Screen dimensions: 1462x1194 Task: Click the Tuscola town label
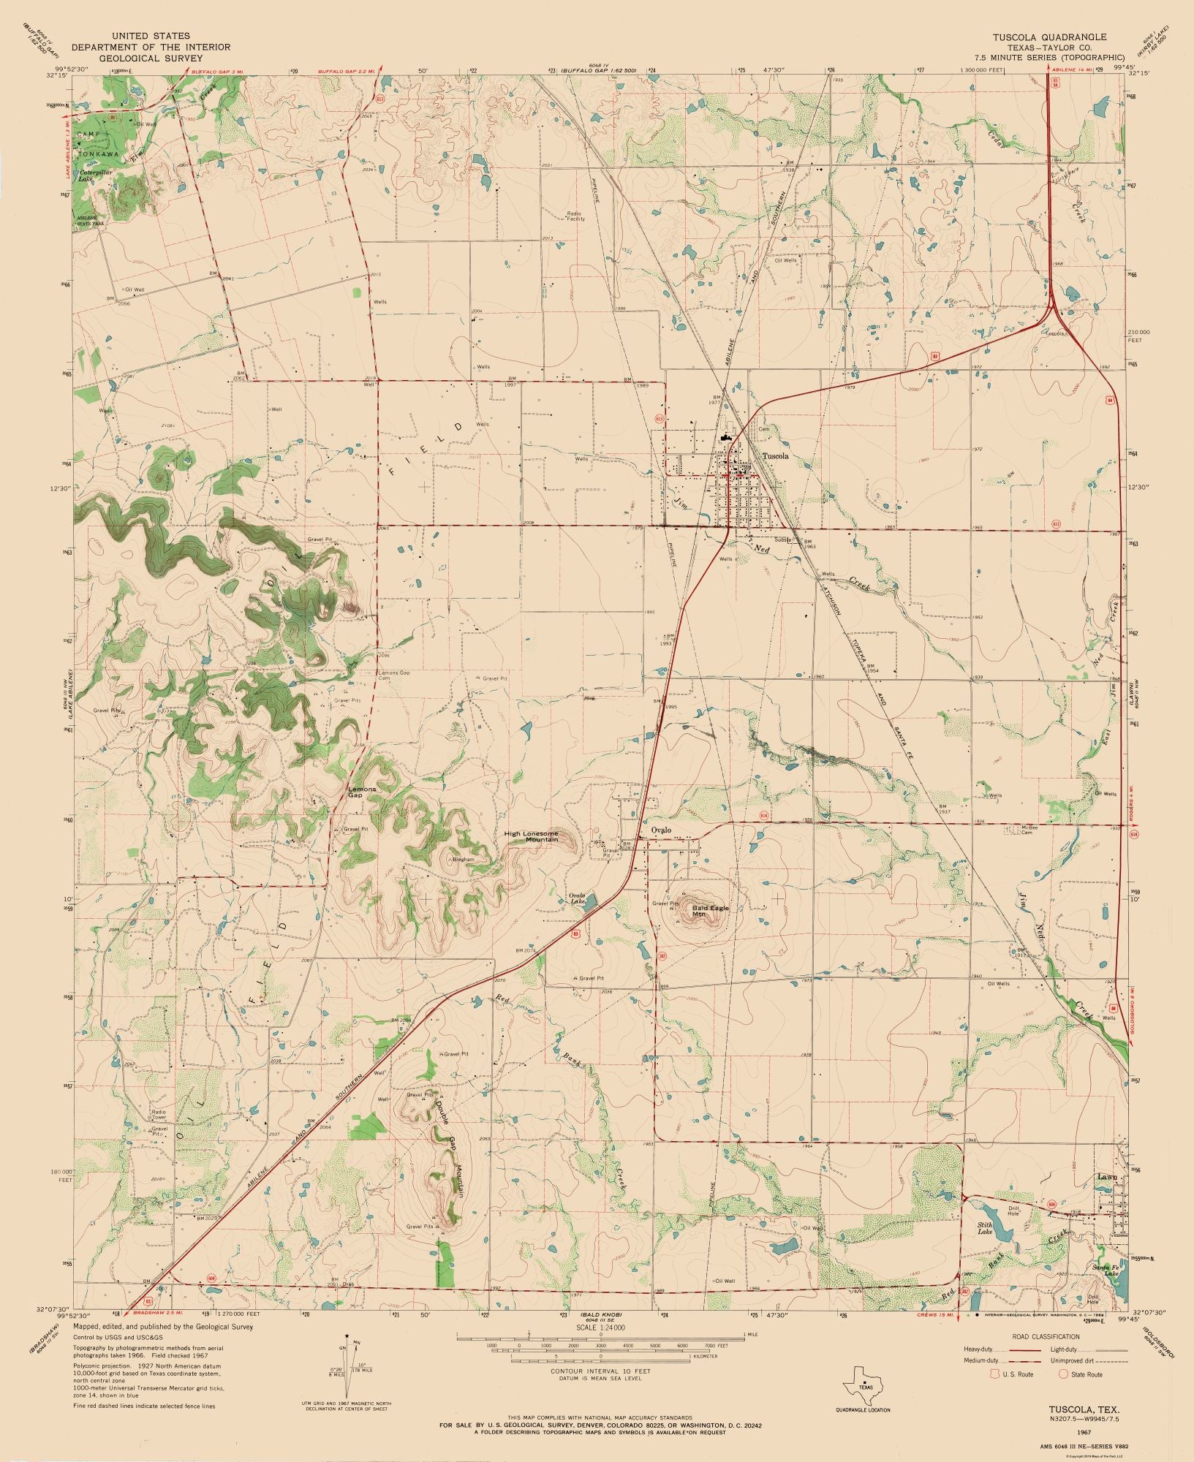tap(775, 455)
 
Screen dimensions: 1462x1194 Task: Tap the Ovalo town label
tap(660, 830)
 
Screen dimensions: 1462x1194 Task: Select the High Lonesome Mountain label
tap(541, 836)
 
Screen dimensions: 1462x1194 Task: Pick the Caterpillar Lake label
tap(94, 175)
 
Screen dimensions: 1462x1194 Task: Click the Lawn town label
tap(1105, 1197)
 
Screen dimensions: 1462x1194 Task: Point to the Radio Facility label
tap(575, 216)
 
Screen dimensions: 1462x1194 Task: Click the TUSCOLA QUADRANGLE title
tap(1048, 37)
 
